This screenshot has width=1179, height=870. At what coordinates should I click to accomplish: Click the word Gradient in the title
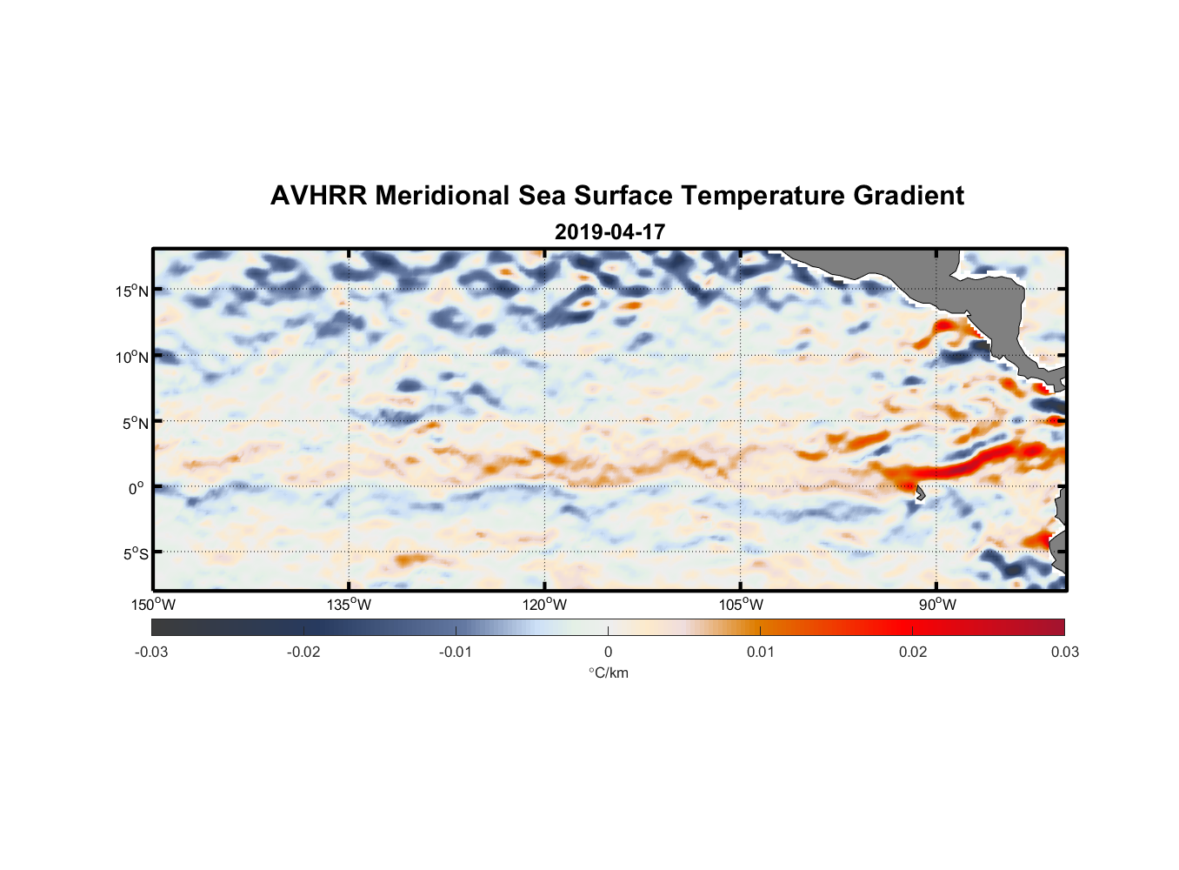click(909, 196)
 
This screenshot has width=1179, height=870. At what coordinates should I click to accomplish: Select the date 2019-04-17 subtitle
click(609, 232)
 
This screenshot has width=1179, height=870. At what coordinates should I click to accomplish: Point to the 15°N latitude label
click(132, 291)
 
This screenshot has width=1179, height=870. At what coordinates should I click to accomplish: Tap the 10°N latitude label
click(132, 357)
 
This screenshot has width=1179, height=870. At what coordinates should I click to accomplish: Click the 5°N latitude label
click(135, 423)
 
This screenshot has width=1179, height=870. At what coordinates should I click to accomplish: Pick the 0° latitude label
click(137, 488)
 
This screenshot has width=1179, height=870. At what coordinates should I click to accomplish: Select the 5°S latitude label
click(135, 554)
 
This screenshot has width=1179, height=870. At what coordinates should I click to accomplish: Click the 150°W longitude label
click(153, 605)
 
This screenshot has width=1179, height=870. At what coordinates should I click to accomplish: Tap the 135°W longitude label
click(349, 605)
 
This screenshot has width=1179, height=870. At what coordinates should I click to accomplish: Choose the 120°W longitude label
click(544, 605)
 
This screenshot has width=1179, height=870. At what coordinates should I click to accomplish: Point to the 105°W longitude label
click(741, 605)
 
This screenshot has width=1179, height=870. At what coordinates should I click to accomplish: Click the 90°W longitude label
click(937, 605)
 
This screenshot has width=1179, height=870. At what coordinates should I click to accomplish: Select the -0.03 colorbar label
click(151, 652)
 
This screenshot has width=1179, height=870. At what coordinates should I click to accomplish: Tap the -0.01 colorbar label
click(456, 652)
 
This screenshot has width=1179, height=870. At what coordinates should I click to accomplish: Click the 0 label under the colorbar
click(608, 652)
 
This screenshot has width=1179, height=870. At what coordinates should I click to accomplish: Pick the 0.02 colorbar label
click(913, 652)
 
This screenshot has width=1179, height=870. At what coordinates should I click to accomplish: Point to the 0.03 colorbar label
click(1064, 652)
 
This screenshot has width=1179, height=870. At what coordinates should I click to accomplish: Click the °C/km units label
click(608, 673)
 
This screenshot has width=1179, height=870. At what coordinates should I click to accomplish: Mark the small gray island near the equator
click(920, 493)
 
